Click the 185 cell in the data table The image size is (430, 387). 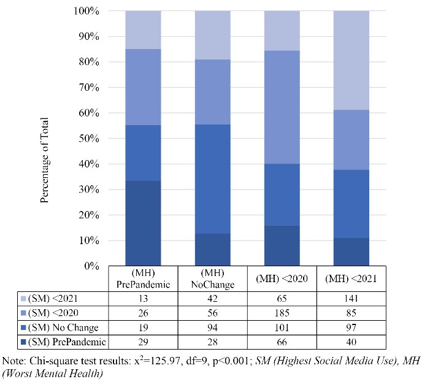point(282,312)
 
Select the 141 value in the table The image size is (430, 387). point(351,298)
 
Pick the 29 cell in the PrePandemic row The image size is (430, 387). point(143,341)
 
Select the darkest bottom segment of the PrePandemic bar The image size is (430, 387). point(143,223)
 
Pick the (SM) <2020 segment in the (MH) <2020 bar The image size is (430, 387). point(282,107)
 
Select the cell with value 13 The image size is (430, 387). point(143,298)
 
